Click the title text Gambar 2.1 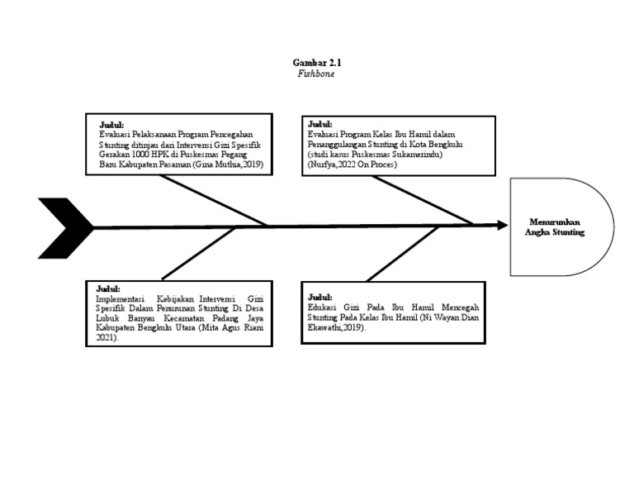pyautogui.click(x=316, y=63)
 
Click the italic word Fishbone pyautogui.click(x=316, y=74)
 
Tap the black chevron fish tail pyautogui.click(x=64, y=227)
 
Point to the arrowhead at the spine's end pyautogui.click(x=500, y=225)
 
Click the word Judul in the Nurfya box pyautogui.click(x=319, y=124)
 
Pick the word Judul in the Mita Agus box pyautogui.click(x=109, y=288)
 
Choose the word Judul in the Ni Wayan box pyautogui.click(x=319, y=297)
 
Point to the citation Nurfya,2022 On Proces pyautogui.click(x=353, y=164)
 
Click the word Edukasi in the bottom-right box pyautogui.click(x=323, y=307)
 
